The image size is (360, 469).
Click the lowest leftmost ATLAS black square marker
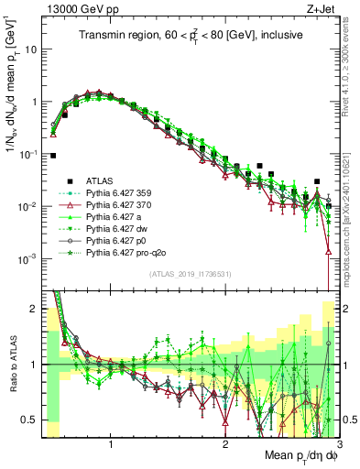[54, 156]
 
